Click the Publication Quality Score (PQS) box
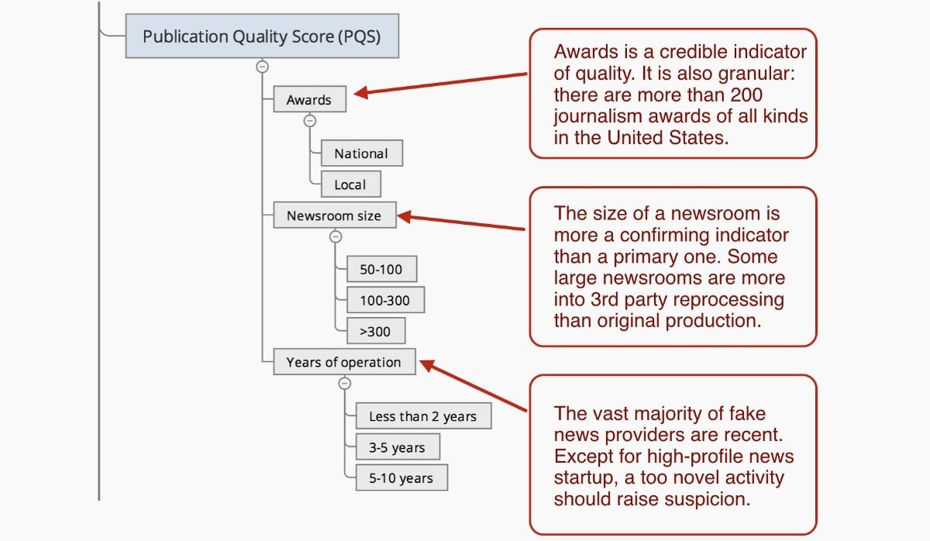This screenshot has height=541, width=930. pyautogui.click(x=262, y=36)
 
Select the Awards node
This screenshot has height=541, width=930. pyautogui.click(x=310, y=98)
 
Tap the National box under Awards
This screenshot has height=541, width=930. pyautogui.click(x=362, y=153)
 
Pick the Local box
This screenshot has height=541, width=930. pyautogui.click(x=351, y=184)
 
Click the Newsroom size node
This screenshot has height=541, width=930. pyautogui.click(x=335, y=215)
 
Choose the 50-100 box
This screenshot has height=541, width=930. pyautogui.click(x=381, y=269)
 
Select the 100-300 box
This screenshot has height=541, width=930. pyautogui.click(x=385, y=300)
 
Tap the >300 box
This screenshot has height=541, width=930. pyautogui.click(x=376, y=331)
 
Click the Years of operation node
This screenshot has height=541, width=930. pyautogui.click(x=344, y=362)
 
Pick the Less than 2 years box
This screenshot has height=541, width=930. pyautogui.click(x=423, y=415)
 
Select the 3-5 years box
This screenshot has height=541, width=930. pyautogui.click(x=398, y=446)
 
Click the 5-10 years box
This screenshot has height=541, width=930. pyautogui.click(x=401, y=477)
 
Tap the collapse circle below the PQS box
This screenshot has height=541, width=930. pyautogui.click(x=262, y=67)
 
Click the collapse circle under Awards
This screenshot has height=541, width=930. pyautogui.click(x=310, y=121)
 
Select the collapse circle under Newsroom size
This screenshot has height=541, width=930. pyautogui.click(x=336, y=236)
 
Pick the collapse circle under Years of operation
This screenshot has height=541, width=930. pyautogui.click(x=345, y=383)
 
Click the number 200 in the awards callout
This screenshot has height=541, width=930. pyautogui.click(x=746, y=95)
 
